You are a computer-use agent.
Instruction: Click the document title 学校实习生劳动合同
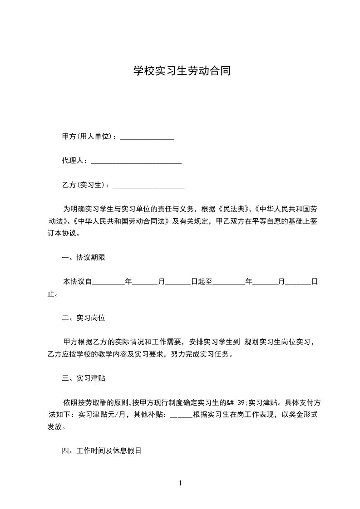[180, 71]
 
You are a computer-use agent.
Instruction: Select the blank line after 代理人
[136, 162]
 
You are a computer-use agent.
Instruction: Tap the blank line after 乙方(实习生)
[148, 186]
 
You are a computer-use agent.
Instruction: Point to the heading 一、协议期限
[84, 258]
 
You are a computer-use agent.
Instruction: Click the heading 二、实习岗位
[84, 318]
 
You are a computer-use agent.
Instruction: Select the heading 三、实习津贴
[84, 378]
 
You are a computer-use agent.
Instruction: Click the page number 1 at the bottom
[180, 483]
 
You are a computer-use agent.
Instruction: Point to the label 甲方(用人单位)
[87, 137]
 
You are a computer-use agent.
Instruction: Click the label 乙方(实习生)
[84, 185]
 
